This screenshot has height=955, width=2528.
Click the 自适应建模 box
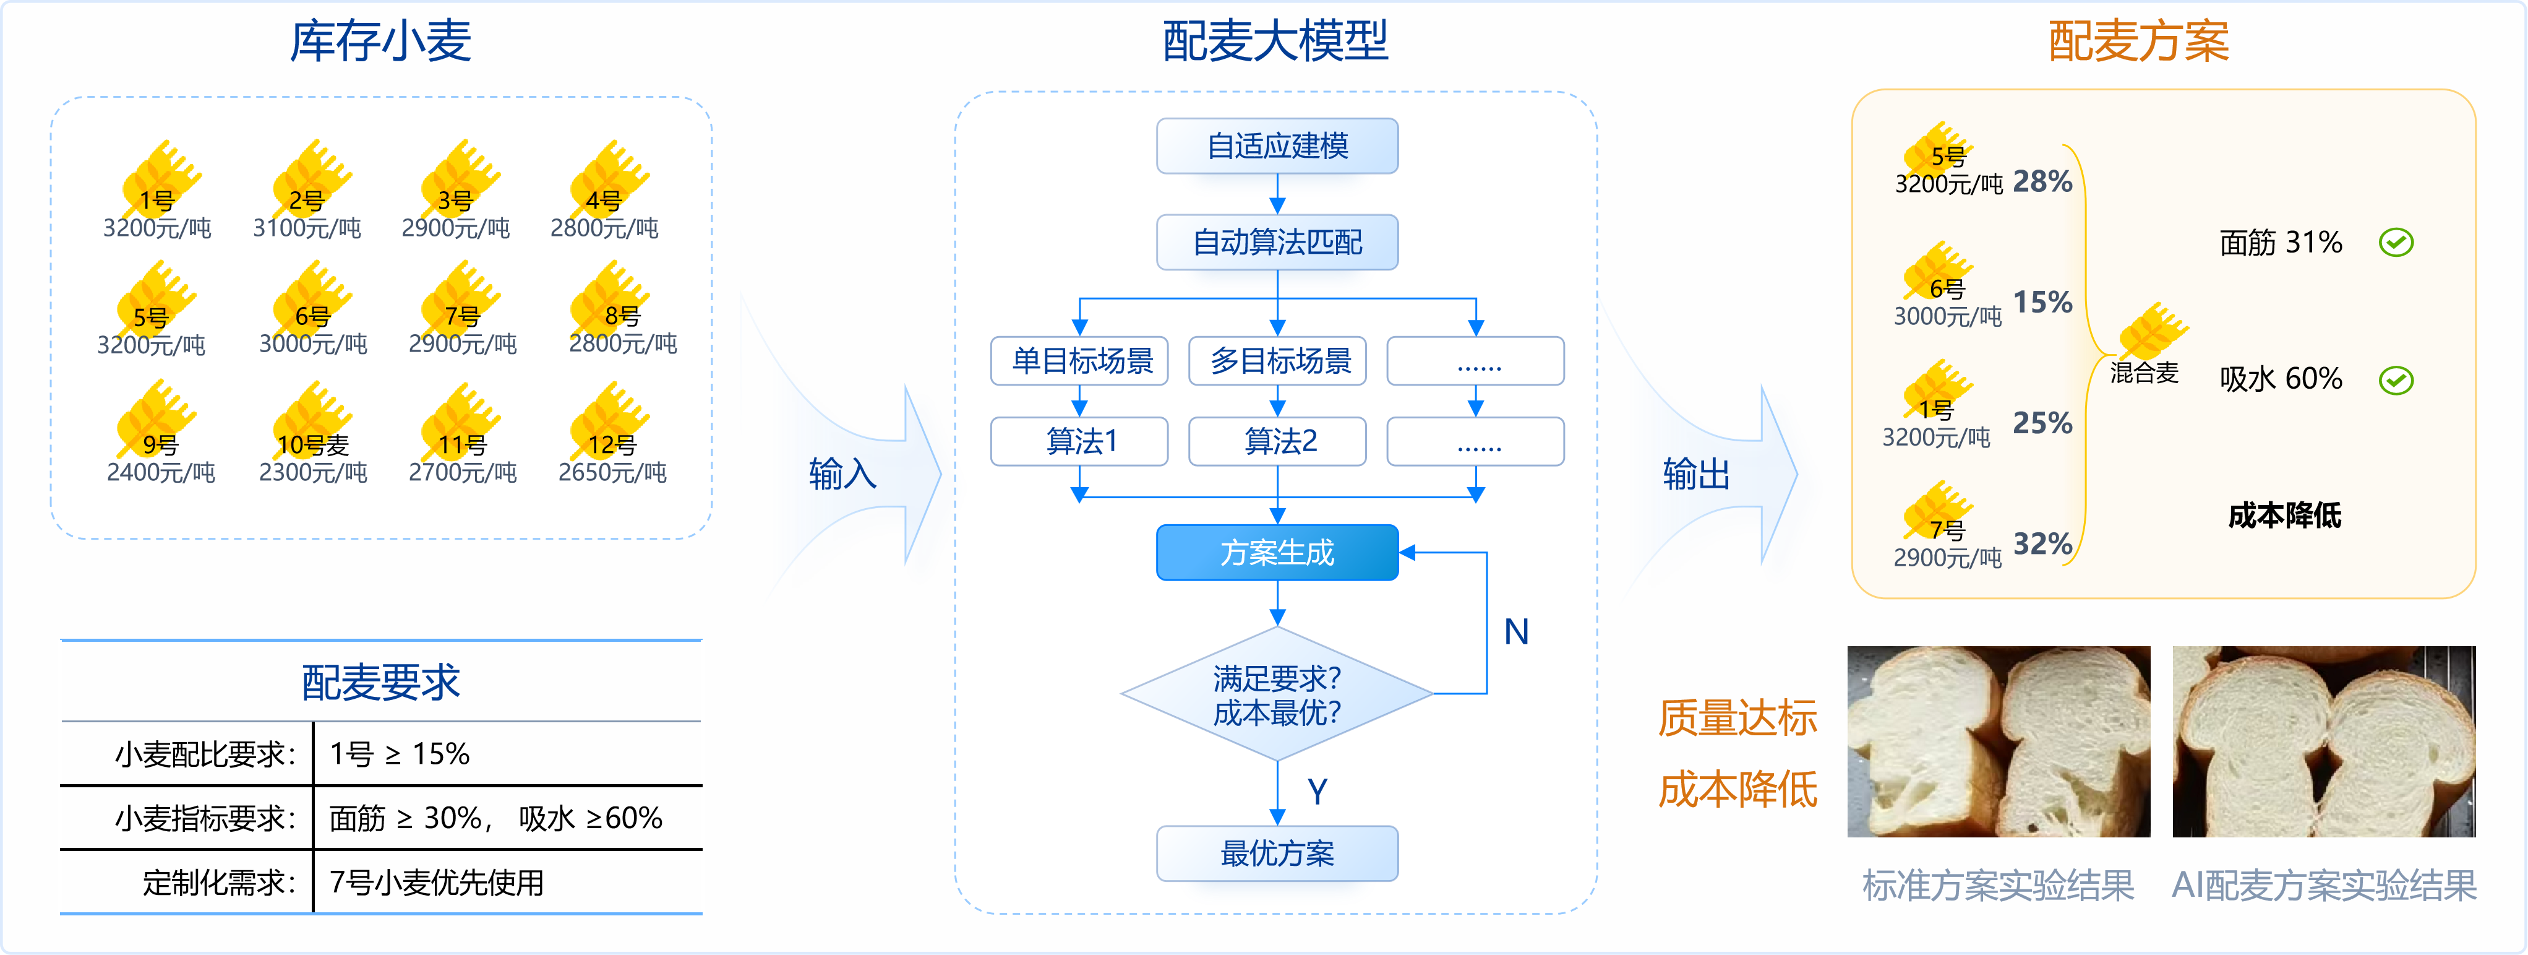pyautogui.click(x=1277, y=146)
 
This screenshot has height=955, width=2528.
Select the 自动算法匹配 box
pyautogui.click(x=1277, y=243)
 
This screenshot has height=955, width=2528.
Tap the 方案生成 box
pyautogui.click(x=1277, y=553)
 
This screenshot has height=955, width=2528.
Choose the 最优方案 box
pyautogui.click(x=1277, y=853)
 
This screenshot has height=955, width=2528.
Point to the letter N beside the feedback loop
pyautogui.click(x=1516, y=632)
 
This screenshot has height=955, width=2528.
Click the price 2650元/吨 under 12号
pyautogui.click(x=612, y=473)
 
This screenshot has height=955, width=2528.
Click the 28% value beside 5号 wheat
pyautogui.click(x=2042, y=181)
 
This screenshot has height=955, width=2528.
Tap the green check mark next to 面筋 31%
pyautogui.click(x=2396, y=243)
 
